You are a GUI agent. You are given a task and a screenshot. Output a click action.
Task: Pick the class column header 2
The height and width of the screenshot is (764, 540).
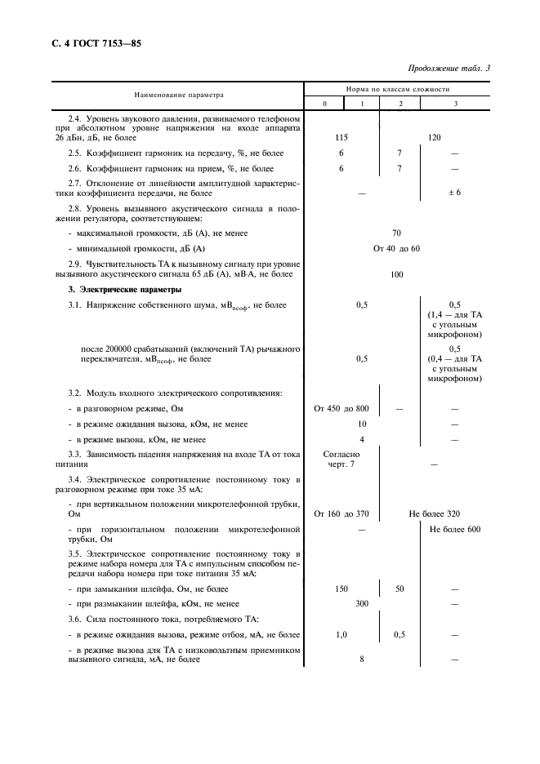(400, 104)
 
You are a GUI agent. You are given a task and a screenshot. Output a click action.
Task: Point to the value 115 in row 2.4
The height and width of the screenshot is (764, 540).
(342, 138)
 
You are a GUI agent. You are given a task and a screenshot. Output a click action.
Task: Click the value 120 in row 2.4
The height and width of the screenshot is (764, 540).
(434, 138)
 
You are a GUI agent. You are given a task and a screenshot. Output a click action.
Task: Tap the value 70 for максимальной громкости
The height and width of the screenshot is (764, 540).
(397, 233)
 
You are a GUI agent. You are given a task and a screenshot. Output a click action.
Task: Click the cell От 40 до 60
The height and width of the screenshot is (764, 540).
(397, 248)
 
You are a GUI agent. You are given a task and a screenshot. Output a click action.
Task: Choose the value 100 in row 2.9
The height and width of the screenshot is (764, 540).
(397, 275)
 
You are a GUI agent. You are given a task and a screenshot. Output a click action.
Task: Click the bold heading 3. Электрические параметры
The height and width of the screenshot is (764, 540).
(113, 290)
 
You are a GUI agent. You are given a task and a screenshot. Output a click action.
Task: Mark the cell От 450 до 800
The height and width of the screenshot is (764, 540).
(341, 408)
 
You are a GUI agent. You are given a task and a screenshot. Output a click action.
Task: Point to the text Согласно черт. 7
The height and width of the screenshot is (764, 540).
(341, 459)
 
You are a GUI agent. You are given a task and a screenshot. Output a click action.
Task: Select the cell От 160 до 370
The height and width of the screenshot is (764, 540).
(341, 513)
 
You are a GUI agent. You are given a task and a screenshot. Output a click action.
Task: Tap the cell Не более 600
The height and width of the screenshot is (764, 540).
(455, 530)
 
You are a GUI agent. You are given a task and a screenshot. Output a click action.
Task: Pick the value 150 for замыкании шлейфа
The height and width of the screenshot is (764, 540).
(342, 588)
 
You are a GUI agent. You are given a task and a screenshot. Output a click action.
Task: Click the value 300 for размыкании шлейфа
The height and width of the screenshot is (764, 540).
(361, 603)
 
